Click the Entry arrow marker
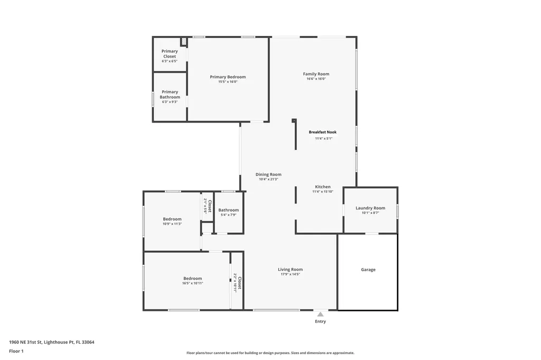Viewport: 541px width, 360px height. [321, 314]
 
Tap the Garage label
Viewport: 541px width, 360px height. [368, 270]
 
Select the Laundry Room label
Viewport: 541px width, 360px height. [370, 208]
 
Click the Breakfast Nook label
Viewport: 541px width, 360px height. [323, 132]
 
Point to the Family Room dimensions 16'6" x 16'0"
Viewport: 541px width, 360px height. [316, 79]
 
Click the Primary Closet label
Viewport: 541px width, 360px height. [170, 54]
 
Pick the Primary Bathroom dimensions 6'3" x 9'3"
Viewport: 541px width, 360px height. [170, 102]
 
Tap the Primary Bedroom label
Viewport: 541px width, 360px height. [228, 77]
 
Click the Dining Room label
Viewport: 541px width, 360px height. [268, 175]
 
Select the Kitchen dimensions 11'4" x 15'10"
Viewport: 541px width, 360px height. [323, 192]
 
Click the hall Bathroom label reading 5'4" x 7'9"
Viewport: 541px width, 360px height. [228, 210]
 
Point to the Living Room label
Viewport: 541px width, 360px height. [290, 270]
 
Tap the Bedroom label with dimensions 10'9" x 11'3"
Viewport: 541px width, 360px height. [172, 219]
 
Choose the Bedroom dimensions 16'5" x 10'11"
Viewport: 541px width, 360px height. [192, 283]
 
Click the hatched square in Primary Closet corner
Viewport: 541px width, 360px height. [184, 42]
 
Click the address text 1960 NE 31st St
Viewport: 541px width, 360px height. [25, 342]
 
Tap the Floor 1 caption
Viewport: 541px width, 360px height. [16, 351]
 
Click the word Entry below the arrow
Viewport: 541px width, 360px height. [320, 321]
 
